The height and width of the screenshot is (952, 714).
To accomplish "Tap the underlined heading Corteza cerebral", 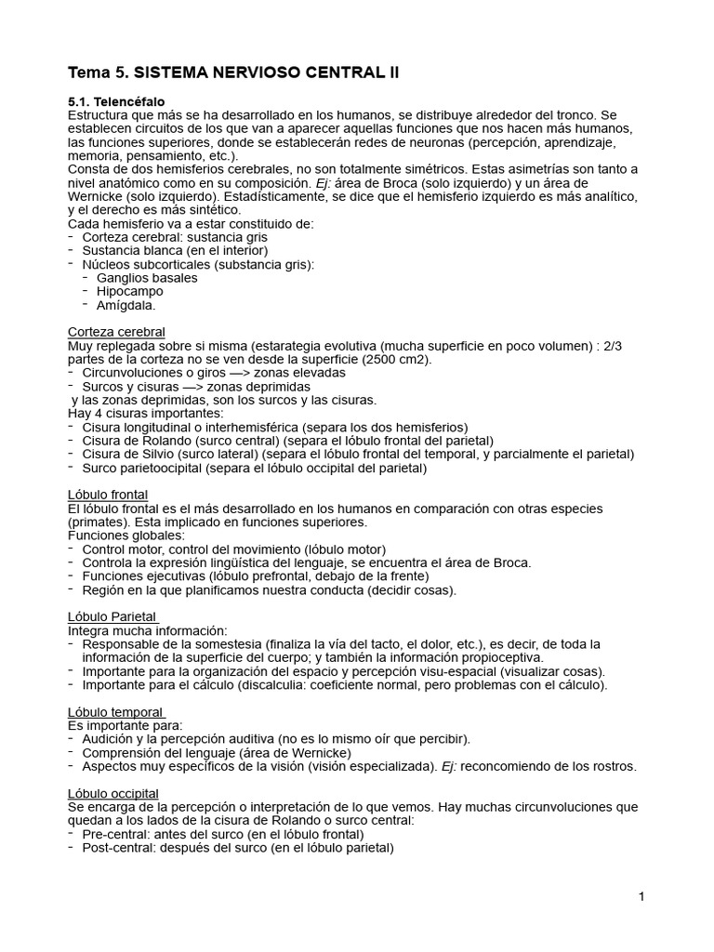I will coord(116,332).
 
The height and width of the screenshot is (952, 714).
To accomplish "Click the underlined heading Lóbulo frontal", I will coord(108,495).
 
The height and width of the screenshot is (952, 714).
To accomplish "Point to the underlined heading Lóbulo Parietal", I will coord(112,616).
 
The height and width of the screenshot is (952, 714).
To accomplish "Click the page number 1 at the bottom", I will coord(641,897).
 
